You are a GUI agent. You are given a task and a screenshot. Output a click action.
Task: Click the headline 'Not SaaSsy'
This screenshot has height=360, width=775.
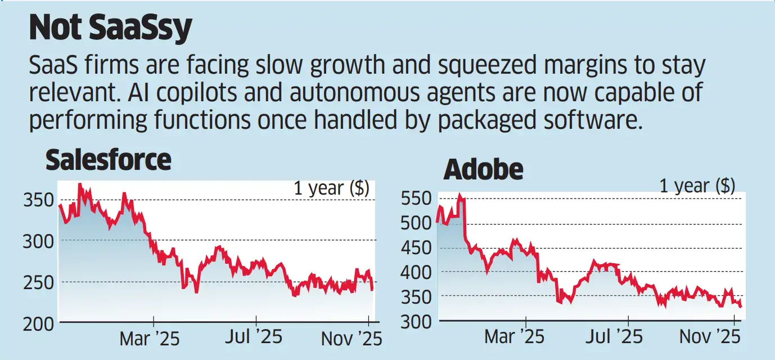[111, 29]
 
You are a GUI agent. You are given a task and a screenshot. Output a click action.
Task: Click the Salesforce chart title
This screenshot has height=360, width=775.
[108, 160]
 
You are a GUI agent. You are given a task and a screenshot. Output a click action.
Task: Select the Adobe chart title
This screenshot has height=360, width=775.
[483, 170]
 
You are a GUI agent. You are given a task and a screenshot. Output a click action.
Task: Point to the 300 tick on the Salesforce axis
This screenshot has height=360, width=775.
[39, 241]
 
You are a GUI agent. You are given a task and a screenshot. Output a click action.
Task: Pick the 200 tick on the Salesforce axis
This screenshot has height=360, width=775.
[39, 325]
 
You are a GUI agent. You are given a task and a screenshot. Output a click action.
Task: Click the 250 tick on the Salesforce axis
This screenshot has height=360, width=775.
[39, 283]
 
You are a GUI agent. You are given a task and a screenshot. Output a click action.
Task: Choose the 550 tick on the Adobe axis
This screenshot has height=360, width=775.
[416, 199]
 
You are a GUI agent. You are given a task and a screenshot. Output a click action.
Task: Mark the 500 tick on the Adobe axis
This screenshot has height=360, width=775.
[416, 223]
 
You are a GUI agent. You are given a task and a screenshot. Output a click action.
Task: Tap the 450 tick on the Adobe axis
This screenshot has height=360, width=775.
[416, 248]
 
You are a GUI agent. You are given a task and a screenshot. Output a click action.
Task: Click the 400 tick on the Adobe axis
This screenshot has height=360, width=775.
[416, 273]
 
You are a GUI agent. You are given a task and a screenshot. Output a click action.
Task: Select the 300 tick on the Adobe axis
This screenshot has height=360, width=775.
[416, 322]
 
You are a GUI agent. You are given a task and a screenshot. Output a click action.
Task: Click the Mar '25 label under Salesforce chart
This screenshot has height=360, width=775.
[149, 339]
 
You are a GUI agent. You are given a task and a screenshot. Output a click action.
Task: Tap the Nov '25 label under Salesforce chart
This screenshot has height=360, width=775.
[351, 339]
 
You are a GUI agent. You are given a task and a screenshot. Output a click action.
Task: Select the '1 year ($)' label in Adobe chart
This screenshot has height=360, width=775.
[697, 186]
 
